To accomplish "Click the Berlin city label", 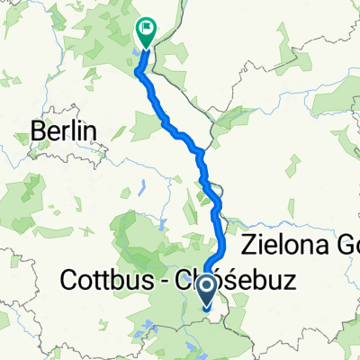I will pos(63,131).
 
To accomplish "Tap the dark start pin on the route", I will pos(206,291).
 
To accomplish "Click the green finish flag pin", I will pos(145,32).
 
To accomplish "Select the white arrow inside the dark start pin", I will pos(206,288).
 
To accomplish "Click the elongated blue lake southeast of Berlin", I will pos(143,190).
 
